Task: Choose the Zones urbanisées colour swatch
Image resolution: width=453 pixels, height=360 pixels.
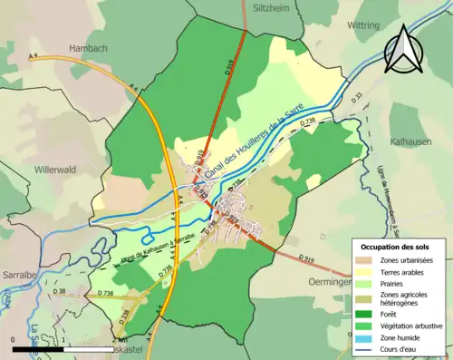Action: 362,261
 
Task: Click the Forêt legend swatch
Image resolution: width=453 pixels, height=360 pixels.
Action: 362,312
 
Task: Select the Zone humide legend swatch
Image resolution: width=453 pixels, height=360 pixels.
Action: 362,335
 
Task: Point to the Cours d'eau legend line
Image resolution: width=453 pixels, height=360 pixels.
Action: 362,346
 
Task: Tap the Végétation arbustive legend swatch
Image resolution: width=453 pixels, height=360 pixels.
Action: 362,324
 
